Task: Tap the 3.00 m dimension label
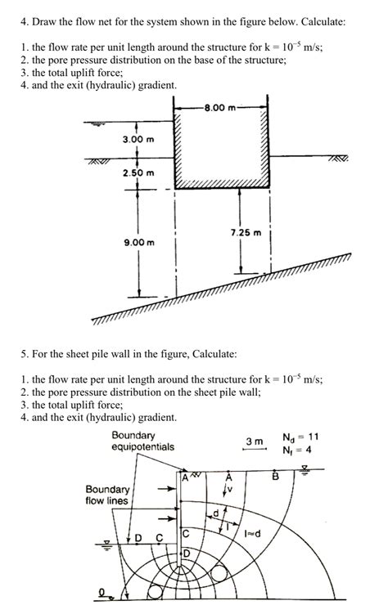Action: pos(138,139)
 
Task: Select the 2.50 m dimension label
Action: pos(138,173)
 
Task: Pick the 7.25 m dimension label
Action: pos(245,232)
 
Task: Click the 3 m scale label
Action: pos(255,441)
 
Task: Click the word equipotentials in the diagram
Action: pos(142,447)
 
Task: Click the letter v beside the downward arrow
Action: pos(232,491)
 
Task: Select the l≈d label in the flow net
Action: pos(251,532)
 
